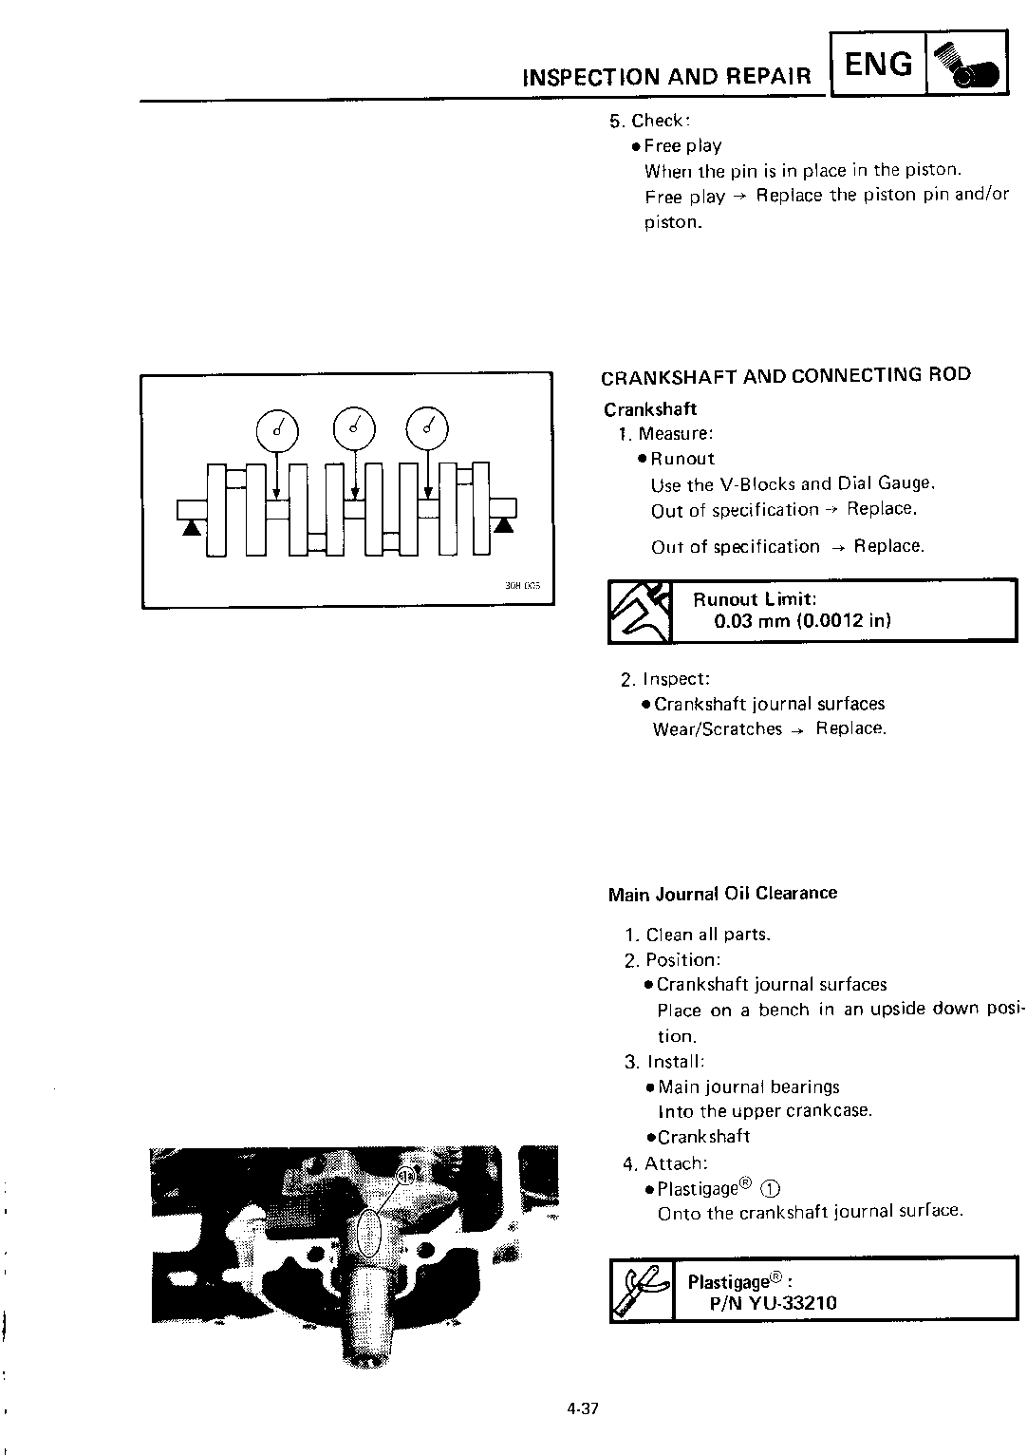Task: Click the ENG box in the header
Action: pos(878,65)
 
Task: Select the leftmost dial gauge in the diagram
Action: pos(276,430)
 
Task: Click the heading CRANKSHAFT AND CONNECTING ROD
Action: pos(786,375)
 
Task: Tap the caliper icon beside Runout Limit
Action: pos(639,612)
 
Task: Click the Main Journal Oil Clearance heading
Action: pos(722,894)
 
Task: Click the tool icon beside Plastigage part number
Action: pos(641,1289)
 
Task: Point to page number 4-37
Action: pos(583,1408)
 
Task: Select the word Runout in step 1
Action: pos(682,459)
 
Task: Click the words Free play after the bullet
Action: pos(682,146)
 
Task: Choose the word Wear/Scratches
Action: pos(717,729)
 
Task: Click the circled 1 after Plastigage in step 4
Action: pos(770,1189)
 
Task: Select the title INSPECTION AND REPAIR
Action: pos(667,77)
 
